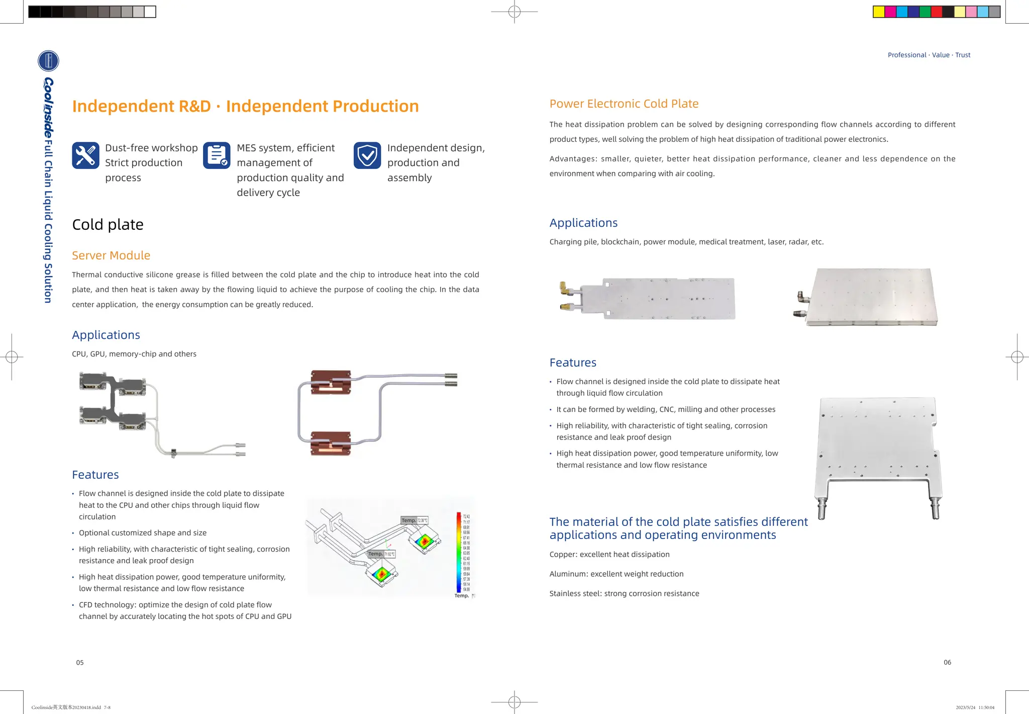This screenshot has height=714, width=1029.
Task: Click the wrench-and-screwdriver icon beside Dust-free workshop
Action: tap(85, 155)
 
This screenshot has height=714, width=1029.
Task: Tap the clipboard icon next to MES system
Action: tap(217, 155)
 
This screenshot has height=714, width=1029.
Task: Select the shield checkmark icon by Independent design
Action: tap(367, 155)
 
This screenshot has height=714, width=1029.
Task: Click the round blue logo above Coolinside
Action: tap(48, 61)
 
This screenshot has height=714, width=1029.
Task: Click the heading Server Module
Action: tap(111, 255)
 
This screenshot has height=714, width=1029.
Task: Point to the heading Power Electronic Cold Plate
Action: tap(624, 104)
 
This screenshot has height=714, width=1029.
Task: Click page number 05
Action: tap(80, 663)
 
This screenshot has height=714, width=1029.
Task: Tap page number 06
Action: tap(947, 662)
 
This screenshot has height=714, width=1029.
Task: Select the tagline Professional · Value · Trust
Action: tap(929, 55)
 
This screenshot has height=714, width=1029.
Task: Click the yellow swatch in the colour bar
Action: tap(879, 12)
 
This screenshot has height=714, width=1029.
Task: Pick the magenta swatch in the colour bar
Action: tap(890, 12)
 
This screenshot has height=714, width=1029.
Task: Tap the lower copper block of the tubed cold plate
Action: tap(331, 443)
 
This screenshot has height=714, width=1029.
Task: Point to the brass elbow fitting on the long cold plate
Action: tap(565, 289)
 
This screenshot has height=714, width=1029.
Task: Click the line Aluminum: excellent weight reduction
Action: tap(616, 574)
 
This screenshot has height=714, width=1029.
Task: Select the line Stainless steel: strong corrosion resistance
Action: tap(624, 593)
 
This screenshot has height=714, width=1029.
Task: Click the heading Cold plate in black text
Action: tap(108, 225)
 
